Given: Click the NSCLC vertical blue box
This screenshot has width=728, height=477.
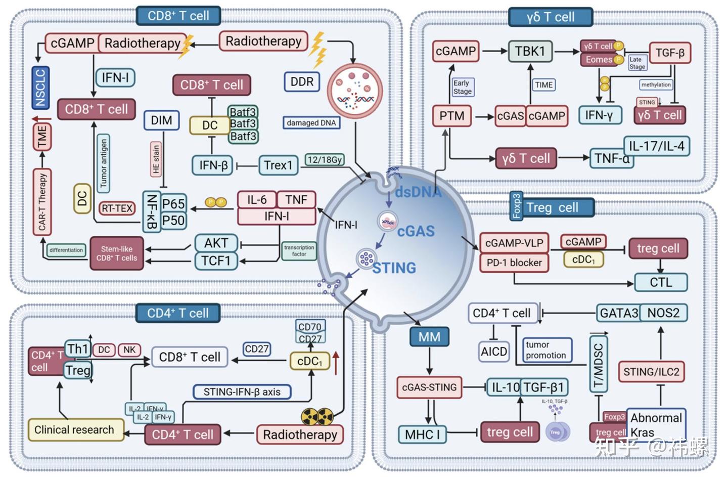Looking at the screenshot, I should point(40,87).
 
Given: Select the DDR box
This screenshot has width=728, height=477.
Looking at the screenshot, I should point(302,81).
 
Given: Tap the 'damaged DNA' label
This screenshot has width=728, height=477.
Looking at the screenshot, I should point(311,123).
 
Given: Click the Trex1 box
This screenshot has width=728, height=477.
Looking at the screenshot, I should point(278,165).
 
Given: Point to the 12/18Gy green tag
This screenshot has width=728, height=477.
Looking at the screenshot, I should point(325,160).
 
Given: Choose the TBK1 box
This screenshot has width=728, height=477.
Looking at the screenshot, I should point(530,51).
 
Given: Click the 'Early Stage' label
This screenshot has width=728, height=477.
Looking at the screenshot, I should point(462,87).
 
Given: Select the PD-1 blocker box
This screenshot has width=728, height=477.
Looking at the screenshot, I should point(514,263).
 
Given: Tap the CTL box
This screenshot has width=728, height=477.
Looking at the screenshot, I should point(661,282).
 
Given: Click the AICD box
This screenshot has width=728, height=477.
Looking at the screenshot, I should point(493,352).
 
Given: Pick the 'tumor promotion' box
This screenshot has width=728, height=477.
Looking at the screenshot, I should point(546,350).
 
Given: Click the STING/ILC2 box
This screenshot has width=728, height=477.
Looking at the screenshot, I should point(651,372).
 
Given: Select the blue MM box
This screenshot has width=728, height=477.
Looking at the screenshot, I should point(429,337).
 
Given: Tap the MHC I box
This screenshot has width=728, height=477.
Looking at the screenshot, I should point(422,434).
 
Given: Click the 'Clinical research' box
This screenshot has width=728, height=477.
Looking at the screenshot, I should point(75,430).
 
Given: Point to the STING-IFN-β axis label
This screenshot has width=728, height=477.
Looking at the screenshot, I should point(242,392).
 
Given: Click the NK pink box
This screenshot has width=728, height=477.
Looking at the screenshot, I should point(129,350).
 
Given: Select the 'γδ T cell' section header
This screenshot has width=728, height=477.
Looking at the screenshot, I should point(550,17).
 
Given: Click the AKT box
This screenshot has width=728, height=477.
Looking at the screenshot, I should point(216,243).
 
